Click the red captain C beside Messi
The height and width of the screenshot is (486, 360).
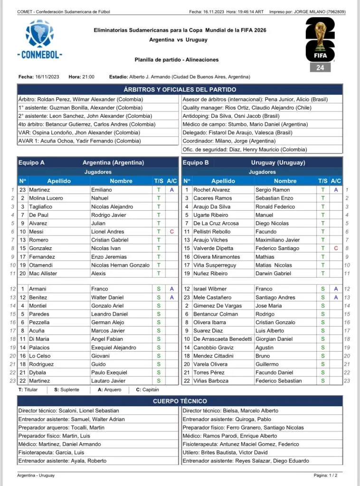171,232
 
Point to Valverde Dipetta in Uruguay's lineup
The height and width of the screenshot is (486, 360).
212,248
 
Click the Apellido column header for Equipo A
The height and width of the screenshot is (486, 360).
59,181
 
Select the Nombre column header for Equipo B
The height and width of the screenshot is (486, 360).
285,181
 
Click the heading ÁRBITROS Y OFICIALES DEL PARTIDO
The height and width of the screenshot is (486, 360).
180,90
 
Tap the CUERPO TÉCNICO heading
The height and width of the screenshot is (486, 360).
180,402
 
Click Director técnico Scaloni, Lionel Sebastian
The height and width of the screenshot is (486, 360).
68,411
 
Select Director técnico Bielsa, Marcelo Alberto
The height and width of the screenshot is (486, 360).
230,411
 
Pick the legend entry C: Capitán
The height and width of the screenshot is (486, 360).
148,390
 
